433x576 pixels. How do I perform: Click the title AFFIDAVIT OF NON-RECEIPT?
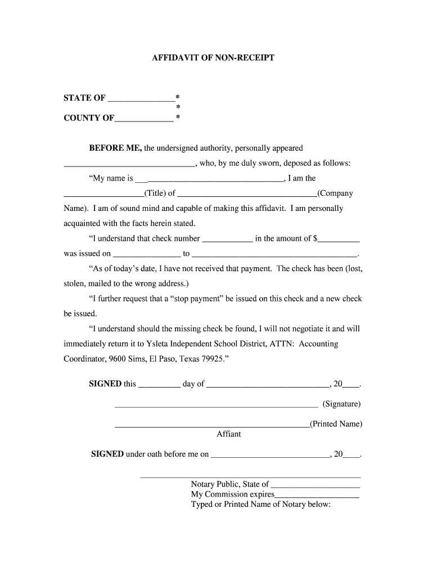213,58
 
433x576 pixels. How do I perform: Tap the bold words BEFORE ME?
115,148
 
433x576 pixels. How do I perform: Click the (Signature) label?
341,404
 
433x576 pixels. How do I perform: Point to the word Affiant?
229,434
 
